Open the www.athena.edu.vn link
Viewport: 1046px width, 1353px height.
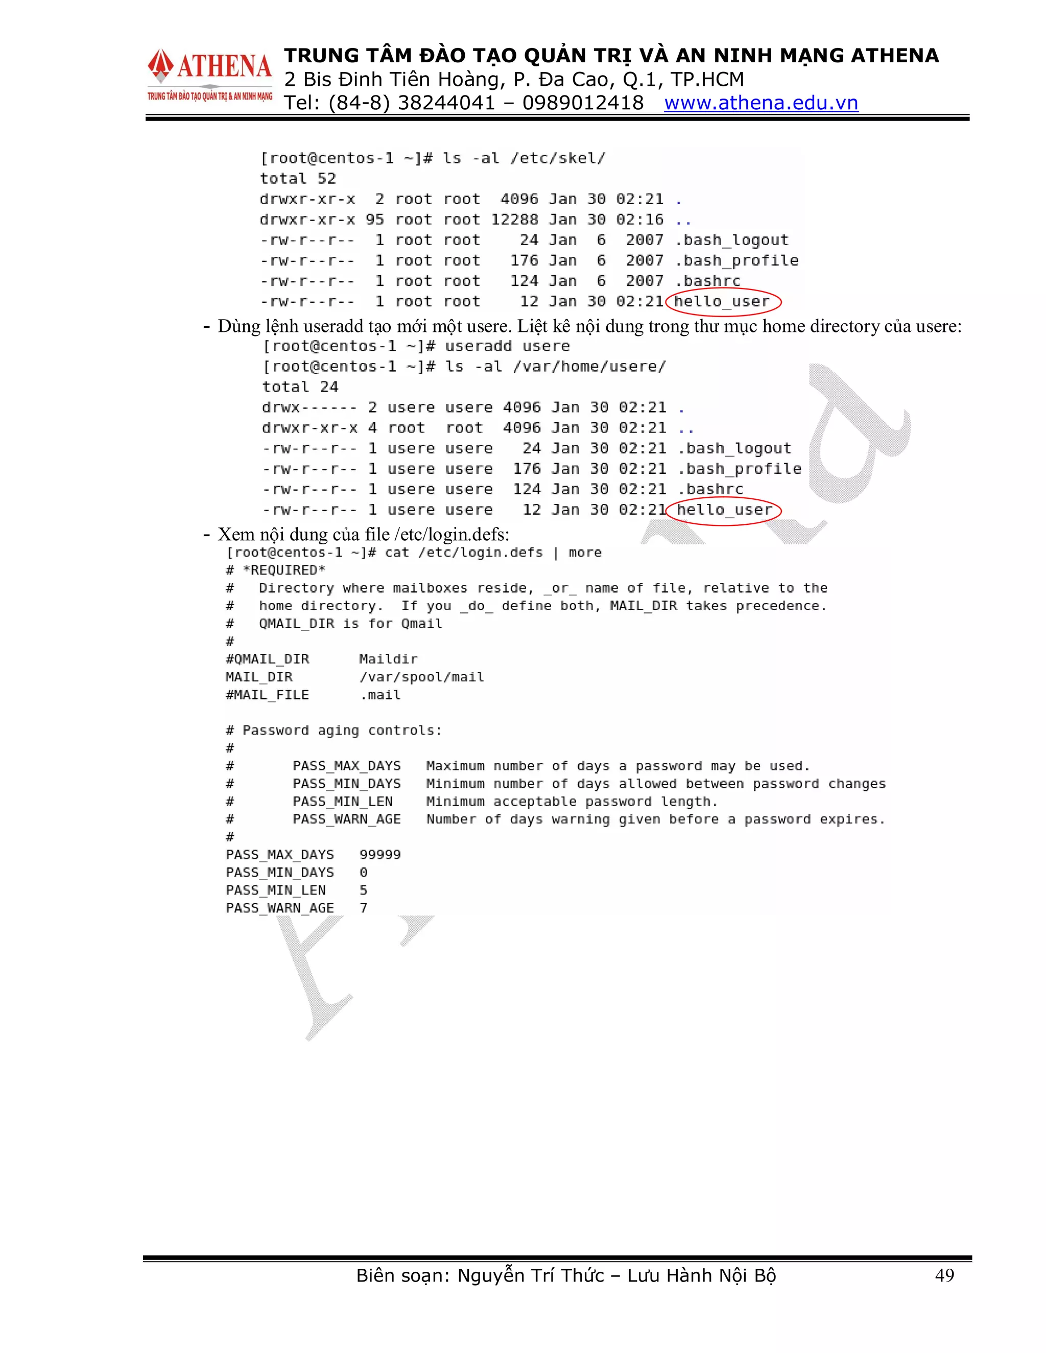click(761, 103)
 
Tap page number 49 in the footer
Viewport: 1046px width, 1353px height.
click(944, 1275)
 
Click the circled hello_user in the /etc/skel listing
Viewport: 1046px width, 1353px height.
click(722, 302)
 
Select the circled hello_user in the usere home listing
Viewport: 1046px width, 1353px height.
click(724, 510)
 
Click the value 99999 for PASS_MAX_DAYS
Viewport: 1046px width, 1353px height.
click(380, 855)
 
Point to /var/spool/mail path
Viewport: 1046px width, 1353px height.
click(421, 677)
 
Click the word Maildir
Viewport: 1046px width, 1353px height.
click(388, 659)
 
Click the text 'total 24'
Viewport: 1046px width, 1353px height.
click(300, 387)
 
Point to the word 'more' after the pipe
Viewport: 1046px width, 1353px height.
click(585, 552)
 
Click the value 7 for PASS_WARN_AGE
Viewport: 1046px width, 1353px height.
click(363, 908)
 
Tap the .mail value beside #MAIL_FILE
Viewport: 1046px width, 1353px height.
click(381, 695)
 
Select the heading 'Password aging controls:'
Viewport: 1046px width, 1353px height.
click(342, 731)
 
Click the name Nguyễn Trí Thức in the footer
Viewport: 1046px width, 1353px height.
click(531, 1275)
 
